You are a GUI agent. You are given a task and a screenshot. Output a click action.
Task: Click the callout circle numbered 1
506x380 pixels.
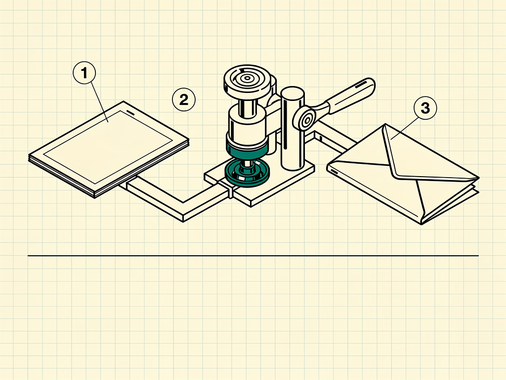[x=84, y=73]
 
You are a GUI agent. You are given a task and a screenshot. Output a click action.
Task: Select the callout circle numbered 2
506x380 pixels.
[x=184, y=99]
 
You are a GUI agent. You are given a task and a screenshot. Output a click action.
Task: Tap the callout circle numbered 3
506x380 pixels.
[x=425, y=108]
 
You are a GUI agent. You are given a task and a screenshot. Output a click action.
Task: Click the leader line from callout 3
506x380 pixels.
[x=405, y=129]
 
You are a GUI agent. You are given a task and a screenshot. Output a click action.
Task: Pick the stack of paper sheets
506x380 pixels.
[x=109, y=149]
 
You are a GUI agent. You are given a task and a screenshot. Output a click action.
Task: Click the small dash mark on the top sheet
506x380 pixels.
[x=131, y=113]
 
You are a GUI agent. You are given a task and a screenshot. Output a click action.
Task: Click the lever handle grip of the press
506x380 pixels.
[x=350, y=95]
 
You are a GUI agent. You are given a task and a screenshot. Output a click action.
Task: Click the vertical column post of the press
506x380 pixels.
[x=293, y=128]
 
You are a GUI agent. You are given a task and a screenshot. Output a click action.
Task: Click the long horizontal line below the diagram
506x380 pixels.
[x=253, y=256]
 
